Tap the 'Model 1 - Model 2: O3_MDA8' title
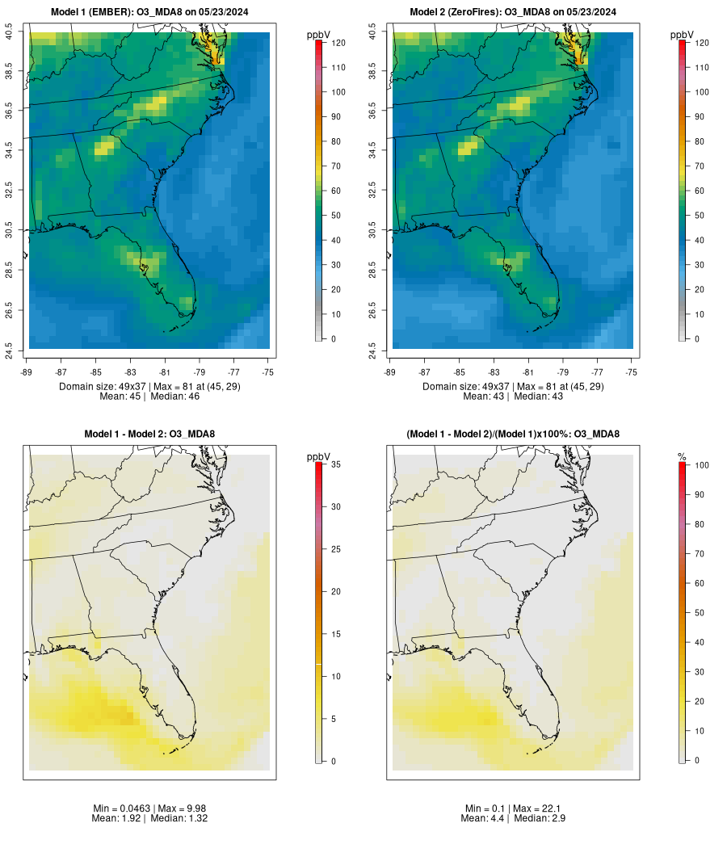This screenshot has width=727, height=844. click(x=149, y=435)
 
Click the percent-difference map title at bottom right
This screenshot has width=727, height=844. click(x=513, y=435)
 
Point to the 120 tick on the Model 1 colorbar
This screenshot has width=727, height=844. click(x=338, y=43)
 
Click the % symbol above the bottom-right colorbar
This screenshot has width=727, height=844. click(x=682, y=457)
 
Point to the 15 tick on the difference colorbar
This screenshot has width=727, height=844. click(x=338, y=634)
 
